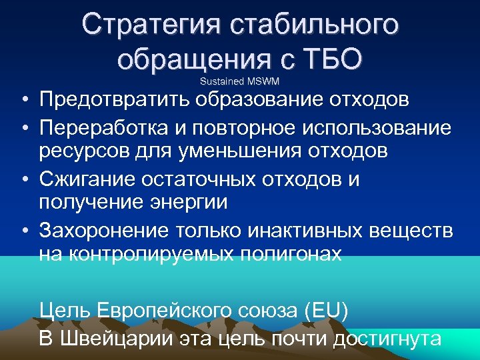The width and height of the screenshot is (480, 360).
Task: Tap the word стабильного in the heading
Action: click(314, 25)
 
